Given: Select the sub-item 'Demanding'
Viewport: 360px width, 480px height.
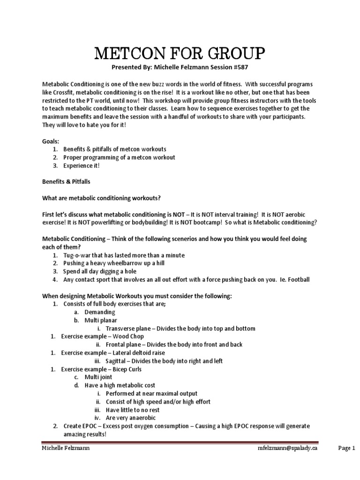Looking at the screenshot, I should click(x=99, y=312).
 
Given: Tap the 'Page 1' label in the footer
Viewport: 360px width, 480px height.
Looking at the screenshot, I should click(x=347, y=449).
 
